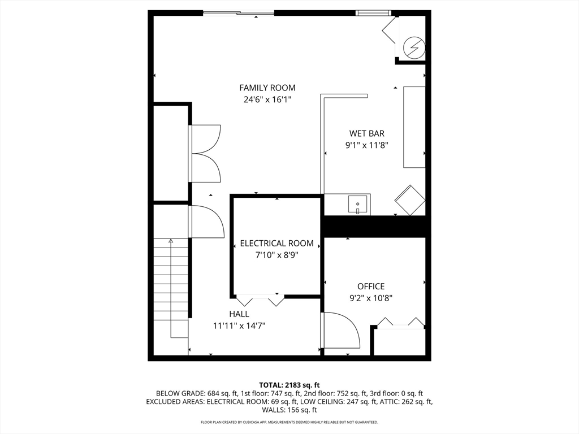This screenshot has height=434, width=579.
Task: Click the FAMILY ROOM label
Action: click(267, 88)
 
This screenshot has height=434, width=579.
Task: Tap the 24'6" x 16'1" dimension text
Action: click(267, 99)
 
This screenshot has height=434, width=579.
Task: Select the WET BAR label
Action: click(366, 134)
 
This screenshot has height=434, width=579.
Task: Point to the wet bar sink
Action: click(358, 205)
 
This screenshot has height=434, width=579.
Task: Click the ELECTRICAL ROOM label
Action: click(276, 244)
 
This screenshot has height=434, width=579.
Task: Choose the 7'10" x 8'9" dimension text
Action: click(276, 255)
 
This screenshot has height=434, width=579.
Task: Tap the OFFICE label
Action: click(371, 287)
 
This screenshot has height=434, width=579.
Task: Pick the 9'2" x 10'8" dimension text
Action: click(371, 298)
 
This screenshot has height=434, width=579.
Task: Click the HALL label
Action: click(239, 314)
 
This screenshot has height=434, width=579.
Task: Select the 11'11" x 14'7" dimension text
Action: click(239, 325)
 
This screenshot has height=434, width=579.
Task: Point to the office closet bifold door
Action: click(401, 323)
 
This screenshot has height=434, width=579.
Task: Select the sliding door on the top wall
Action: click(239, 13)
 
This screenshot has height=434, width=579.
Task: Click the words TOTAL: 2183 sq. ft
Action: click(289, 385)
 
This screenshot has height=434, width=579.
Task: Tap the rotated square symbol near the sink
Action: click(409, 199)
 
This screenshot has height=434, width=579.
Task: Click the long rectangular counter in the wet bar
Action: click(414, 127)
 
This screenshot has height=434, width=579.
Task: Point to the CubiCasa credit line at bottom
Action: click(289, 422)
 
